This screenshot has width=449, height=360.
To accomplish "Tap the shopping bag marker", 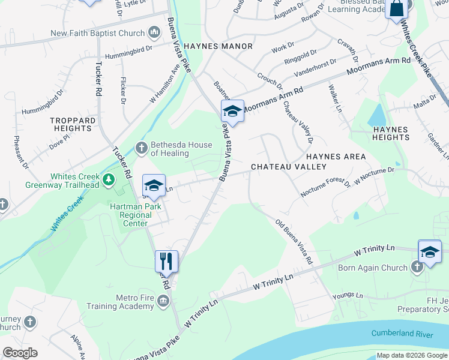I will pos(397,9).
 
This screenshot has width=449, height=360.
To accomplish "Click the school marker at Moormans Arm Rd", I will pos(232,111).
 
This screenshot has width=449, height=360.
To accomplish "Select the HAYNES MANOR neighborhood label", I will pos(218,46).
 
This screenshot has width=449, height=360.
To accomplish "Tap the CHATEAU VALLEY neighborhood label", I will pos(288,167).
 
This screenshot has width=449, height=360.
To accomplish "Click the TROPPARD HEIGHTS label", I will pos(73,124).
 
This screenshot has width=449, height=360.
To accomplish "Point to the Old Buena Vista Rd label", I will pos(294,242).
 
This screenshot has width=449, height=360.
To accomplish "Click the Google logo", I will pos(20,353).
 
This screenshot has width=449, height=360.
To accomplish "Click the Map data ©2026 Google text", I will pos(412,355).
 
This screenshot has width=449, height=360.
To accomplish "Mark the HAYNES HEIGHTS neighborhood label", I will pos(391,133).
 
